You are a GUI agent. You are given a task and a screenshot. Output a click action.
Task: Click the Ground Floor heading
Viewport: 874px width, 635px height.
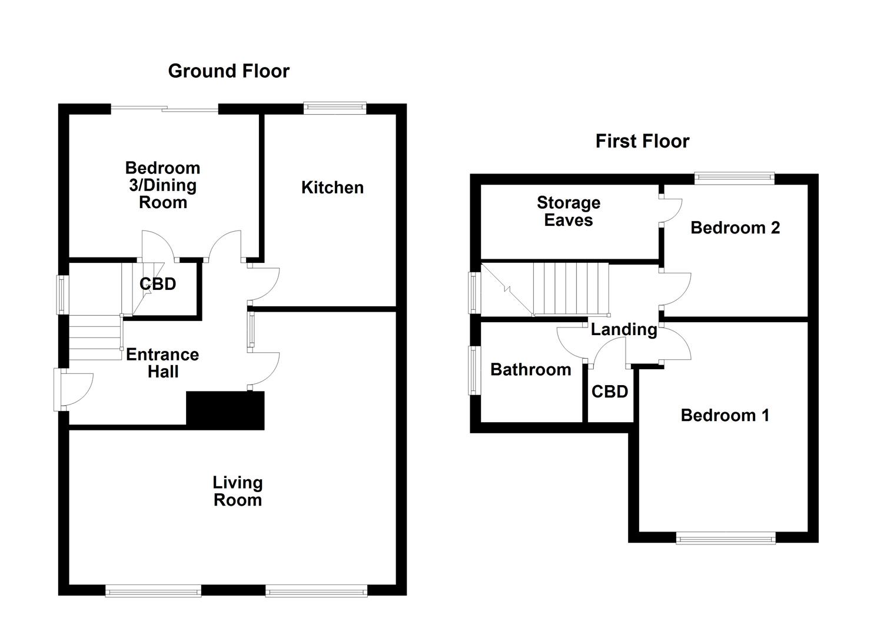pos(228,71)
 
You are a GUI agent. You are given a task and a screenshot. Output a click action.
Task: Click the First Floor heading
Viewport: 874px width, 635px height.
pos(642,142)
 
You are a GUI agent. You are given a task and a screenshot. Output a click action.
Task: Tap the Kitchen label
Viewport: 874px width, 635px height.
pos(332,188)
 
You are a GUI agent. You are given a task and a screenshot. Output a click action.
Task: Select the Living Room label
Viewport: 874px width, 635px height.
pos(237,491)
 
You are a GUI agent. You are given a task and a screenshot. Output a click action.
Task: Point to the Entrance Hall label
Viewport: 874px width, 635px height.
pos(162,363)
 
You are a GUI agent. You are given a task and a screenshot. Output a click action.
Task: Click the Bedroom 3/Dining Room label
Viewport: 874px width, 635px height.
pos(162,185)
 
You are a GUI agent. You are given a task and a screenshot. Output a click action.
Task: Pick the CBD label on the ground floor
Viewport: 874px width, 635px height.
pos(158,284)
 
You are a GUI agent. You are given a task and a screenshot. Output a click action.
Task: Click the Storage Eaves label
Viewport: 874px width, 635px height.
pos(568,211)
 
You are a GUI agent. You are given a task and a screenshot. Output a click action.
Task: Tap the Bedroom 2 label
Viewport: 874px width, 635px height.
pos(735,228)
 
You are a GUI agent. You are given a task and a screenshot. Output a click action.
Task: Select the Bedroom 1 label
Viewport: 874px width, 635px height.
pos(725,415)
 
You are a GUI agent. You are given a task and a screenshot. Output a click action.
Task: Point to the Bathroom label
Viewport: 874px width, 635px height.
pos(530,369)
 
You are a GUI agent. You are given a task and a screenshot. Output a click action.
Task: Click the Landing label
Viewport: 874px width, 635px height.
pos(623,329)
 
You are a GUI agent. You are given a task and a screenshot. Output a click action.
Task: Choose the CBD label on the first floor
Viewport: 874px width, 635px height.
pos(610,392)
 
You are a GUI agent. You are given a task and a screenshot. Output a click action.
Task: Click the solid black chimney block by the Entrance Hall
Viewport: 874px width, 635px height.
pos(225,410)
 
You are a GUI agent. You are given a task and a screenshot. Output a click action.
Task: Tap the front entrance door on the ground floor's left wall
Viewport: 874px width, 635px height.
pos(71,389)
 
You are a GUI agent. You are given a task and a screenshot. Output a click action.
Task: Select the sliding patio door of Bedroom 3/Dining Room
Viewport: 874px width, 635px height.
pos(165,108)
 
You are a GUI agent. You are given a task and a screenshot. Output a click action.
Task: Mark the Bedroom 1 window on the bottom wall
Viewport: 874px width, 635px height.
pos(725,537)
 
